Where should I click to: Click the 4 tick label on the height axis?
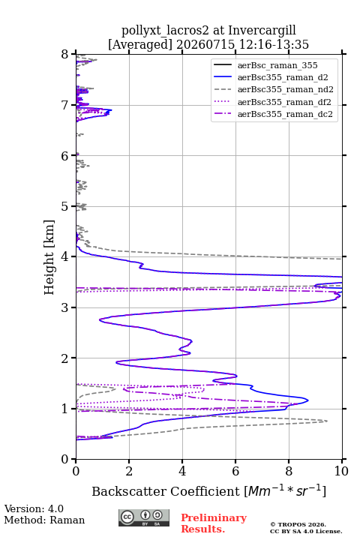pos(64,257)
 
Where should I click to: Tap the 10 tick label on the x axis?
pos(341,471)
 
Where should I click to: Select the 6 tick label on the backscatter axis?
pos(235,471)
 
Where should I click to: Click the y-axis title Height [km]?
pos(49,257)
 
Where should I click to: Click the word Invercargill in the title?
pos(262,31)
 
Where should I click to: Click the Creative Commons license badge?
pos(144,517)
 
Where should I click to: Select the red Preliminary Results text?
pos(214,523)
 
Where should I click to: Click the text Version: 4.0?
pos(34,508)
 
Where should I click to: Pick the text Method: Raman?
pos(44,520)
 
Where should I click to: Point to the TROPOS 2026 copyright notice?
pos(298,524)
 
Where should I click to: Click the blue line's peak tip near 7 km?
pos(112,110)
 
